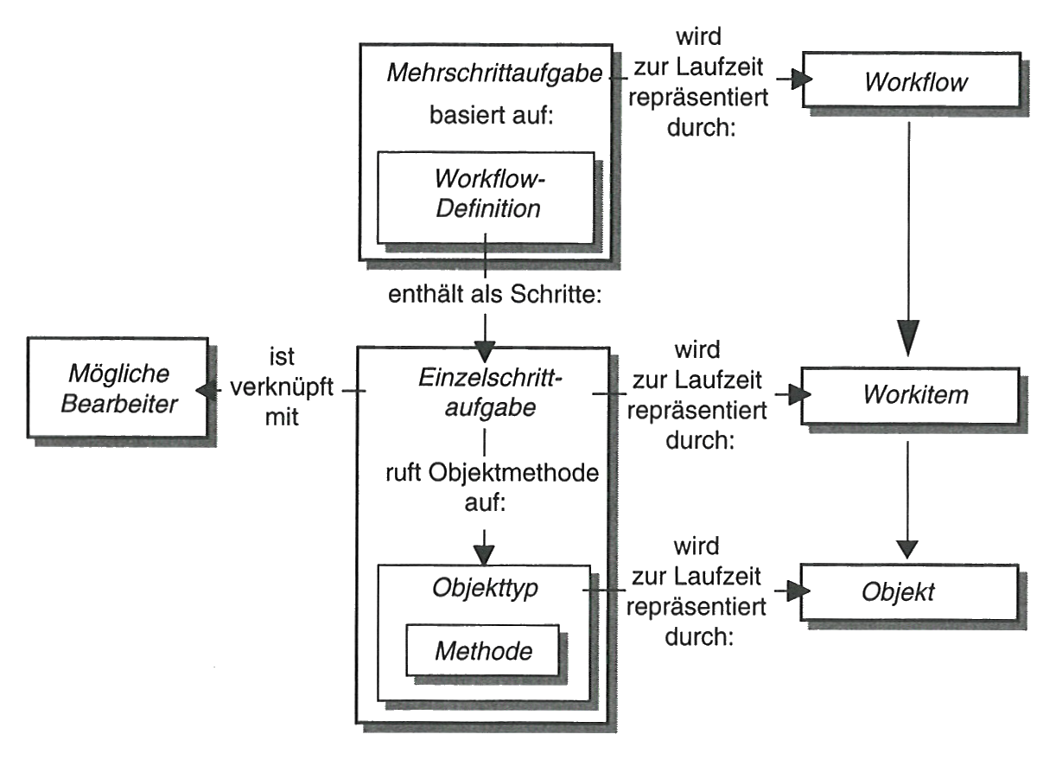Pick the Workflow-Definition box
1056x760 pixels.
[x=487, y=196]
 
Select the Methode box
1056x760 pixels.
[x=482, y=650]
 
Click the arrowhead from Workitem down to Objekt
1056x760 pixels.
[x=907, y=546]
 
